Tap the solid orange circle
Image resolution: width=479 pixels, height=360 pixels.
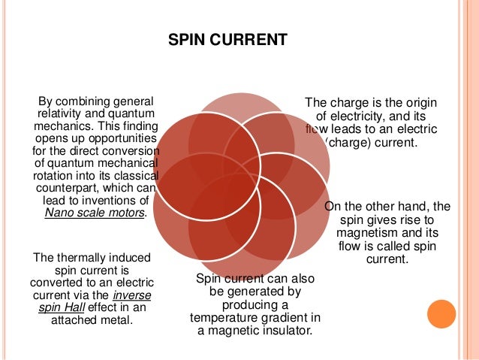point(441,315)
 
